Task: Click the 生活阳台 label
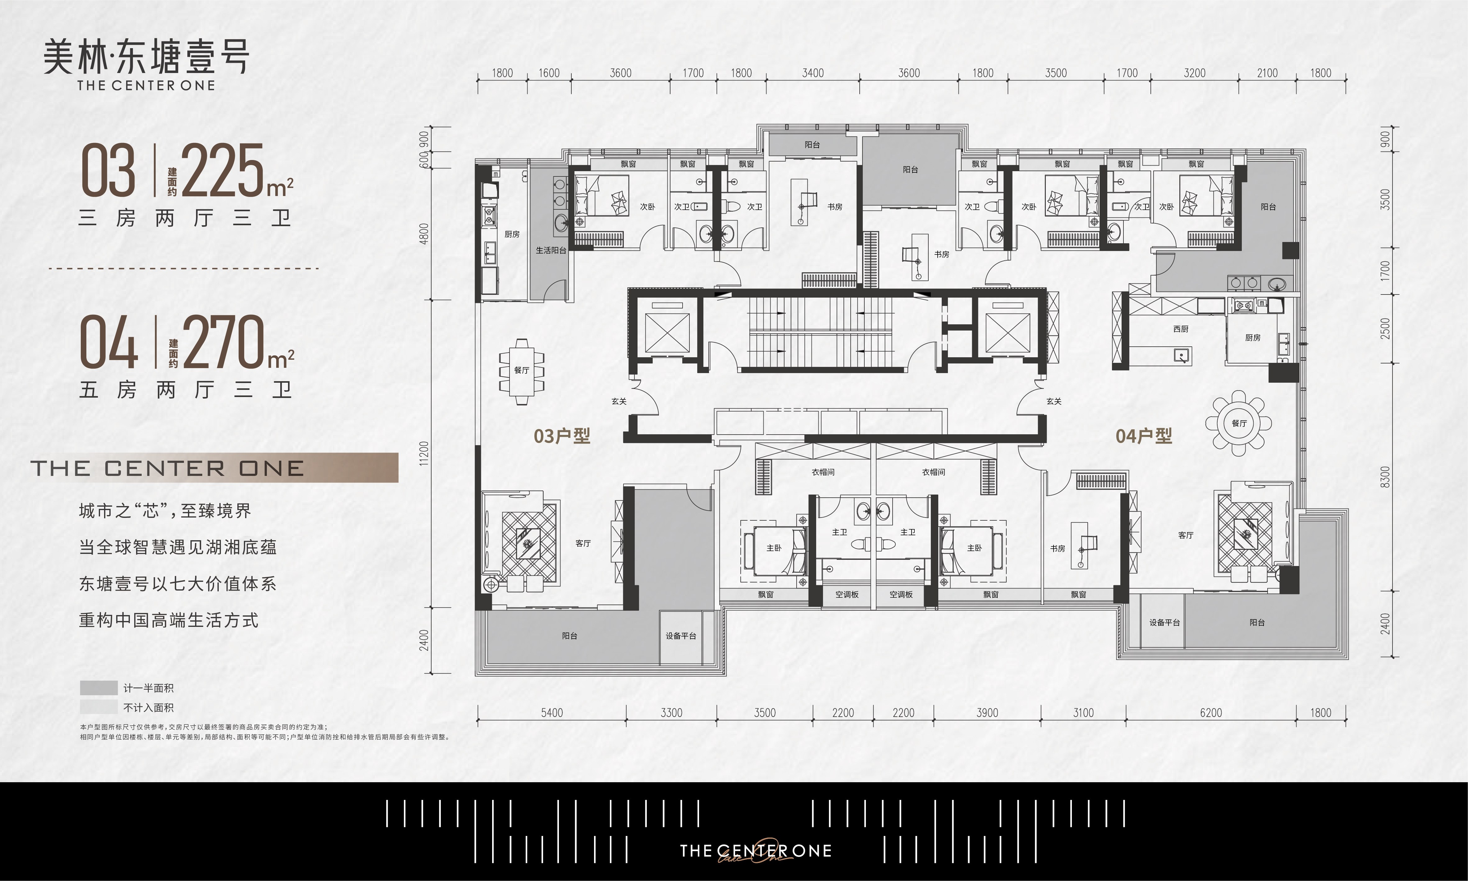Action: click(x=551, y=250)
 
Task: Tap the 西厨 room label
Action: click(x=1181, y=329)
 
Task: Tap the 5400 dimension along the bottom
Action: click(x=552, y=712)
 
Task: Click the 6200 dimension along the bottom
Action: click(x=1211, y=712)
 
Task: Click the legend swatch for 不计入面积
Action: click(x=98, y=707)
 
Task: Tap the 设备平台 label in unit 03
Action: click(x=681, y=636)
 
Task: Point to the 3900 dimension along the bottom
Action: click(x=987, y=712)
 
